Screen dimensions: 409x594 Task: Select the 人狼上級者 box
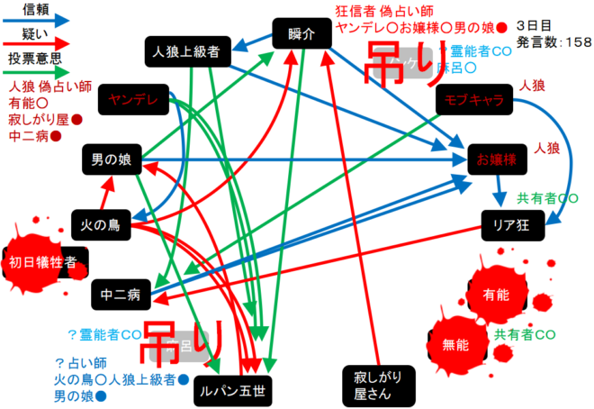click(187, 52)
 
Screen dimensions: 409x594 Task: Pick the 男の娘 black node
click(112, 160)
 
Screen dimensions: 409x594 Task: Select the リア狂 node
click(513, 224)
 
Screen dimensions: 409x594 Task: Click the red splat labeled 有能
click(495, 295)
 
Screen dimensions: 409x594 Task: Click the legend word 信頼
click(35, 8)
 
